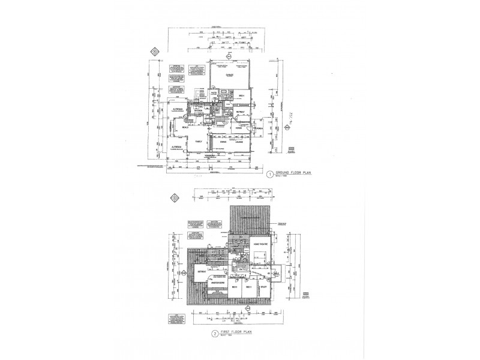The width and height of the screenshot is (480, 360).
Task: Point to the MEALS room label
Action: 185,127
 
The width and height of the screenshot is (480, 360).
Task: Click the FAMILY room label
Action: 198,142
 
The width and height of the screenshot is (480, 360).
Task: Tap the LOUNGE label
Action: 240,142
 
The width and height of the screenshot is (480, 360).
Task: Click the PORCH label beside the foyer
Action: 260,128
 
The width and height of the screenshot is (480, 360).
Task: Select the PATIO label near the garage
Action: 214,92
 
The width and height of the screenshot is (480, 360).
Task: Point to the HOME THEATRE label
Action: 259,245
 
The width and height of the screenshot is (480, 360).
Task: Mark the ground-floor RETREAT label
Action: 238,112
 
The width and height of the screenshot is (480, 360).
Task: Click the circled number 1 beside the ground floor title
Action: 271,175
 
